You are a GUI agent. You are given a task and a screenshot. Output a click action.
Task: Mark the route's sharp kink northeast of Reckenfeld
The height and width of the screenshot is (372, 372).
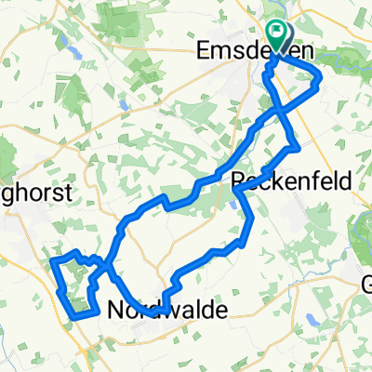point(297,146)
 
